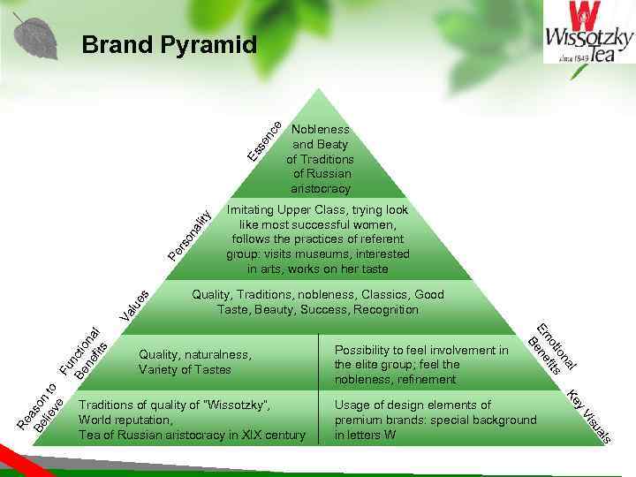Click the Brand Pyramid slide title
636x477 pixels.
click(169, 44)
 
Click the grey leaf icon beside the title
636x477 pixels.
click(36, 36)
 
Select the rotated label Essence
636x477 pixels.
click(265, 141)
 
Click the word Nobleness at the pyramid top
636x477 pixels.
click(320, 129)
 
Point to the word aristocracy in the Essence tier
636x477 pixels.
click(320, 189)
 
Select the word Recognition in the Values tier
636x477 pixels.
click(385, 309)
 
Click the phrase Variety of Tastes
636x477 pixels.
click(185, 369)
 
